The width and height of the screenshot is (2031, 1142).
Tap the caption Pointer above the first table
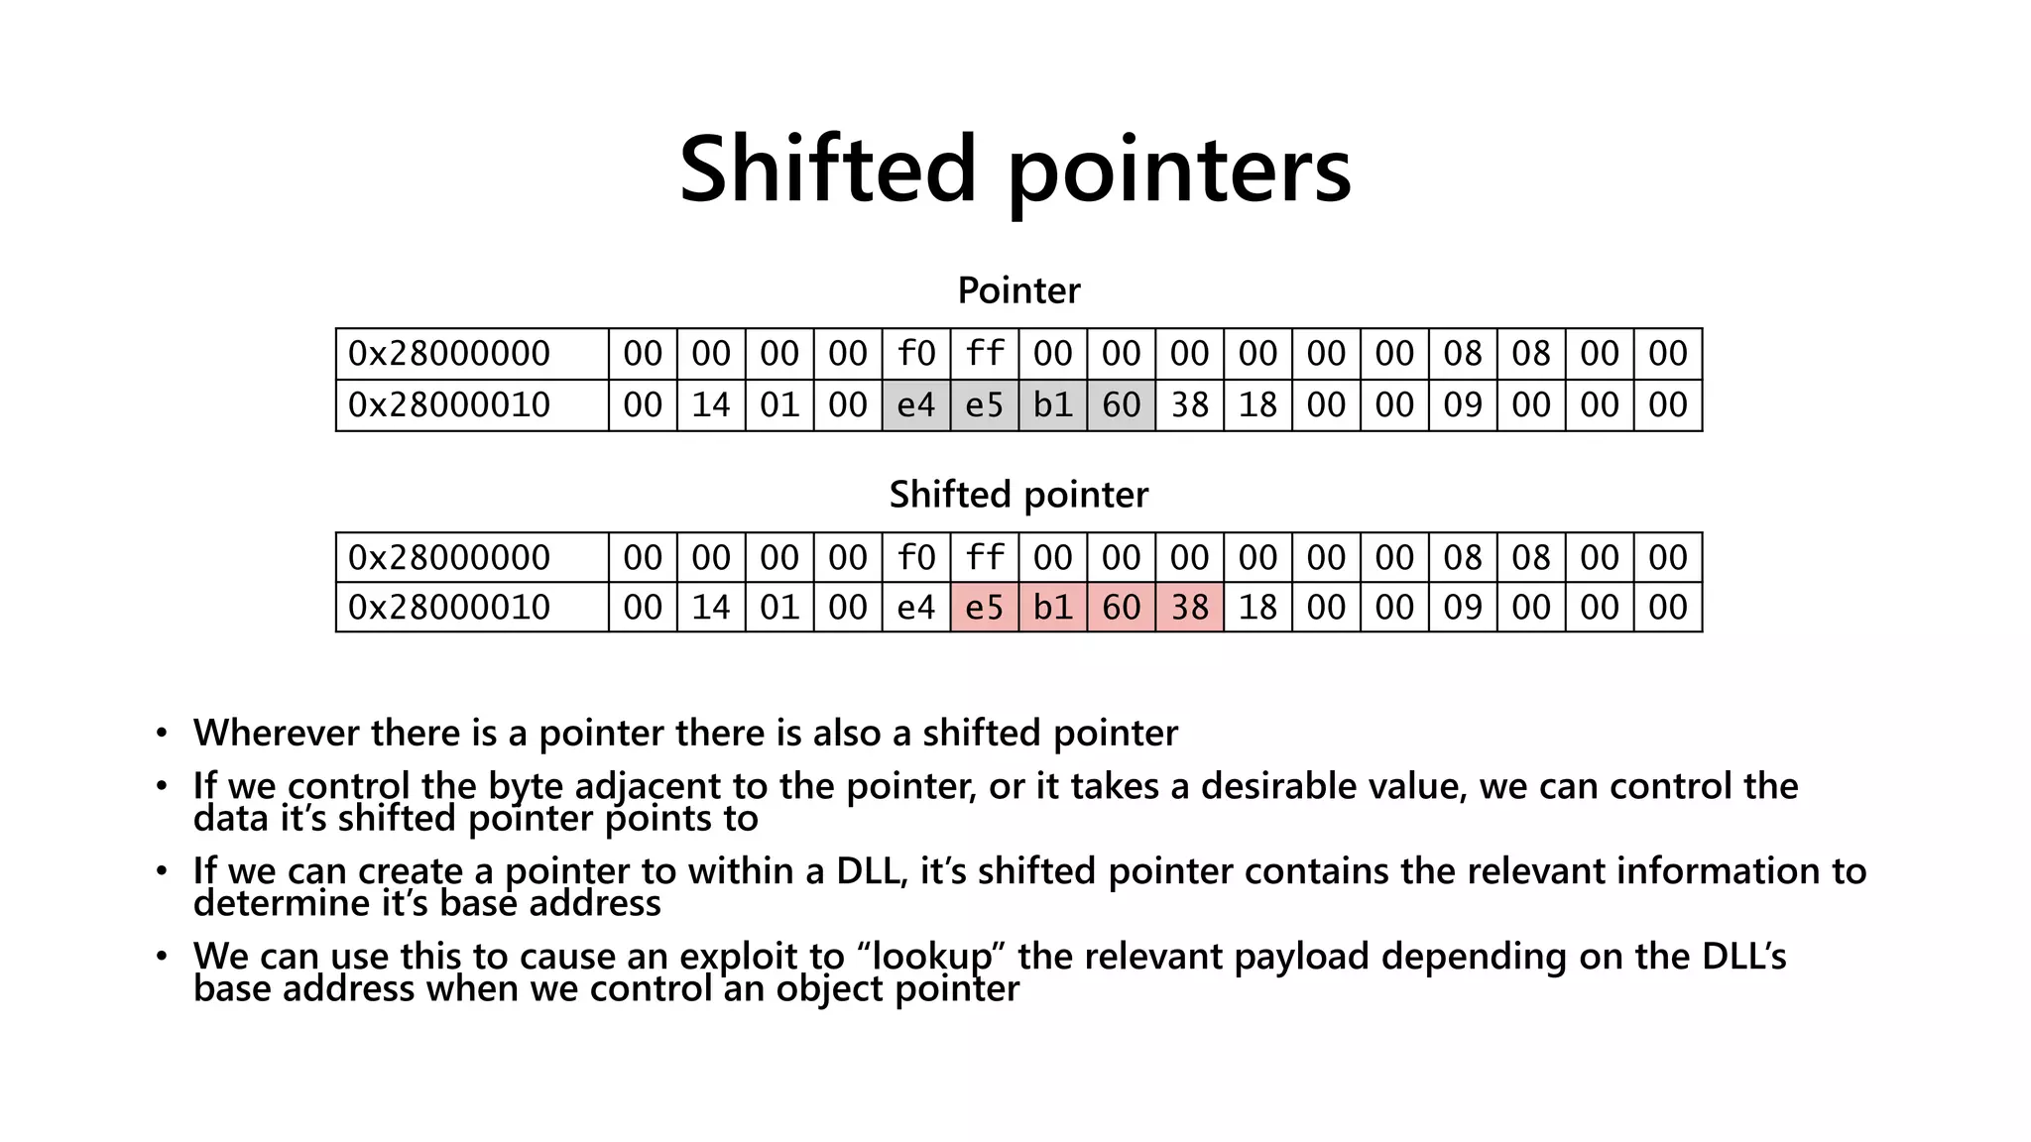(1018, 290)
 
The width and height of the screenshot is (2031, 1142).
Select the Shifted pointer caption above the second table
(1018, 494)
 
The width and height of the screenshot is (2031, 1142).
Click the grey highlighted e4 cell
(916, 405)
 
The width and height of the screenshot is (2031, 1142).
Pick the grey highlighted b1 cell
(1053, 405)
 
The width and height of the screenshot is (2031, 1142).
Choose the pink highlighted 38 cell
(1190, 608)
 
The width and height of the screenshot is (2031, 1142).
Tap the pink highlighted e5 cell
(985, 608)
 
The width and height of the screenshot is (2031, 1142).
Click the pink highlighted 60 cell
(1122, 608)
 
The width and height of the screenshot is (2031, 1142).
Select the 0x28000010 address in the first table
(449, 405)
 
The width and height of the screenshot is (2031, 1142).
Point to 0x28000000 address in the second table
(449, 557)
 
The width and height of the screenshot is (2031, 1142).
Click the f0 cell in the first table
(916, 354)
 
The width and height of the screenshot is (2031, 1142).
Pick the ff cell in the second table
(985, 557)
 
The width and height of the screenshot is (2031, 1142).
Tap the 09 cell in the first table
(1463, 405)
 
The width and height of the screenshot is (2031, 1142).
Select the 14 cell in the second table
(711, 608)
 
